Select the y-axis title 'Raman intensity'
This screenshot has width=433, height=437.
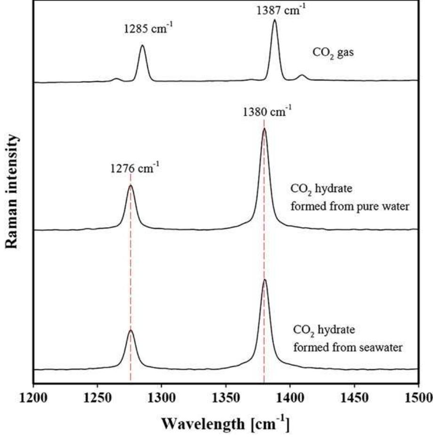14,193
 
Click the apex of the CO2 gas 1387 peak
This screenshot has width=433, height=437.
275,20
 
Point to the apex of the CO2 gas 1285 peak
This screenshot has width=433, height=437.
143,45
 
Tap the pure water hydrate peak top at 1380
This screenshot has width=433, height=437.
264,128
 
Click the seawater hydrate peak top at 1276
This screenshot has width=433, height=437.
130,330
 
